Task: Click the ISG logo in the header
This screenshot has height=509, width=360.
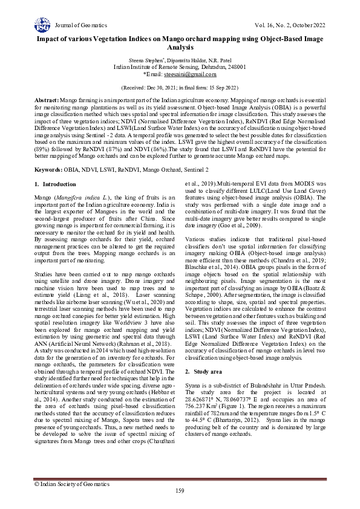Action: click(42, 25)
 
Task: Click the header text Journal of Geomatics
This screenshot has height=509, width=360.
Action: click(80, 25)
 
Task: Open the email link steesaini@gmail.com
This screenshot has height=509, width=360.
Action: click(191, 74)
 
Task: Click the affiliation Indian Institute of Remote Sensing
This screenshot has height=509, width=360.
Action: click(155, 67)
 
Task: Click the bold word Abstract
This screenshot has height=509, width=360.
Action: click(47, 99)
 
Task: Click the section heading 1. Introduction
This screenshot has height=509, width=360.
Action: click(55, 184)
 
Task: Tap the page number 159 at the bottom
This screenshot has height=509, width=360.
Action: click(180, 490)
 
